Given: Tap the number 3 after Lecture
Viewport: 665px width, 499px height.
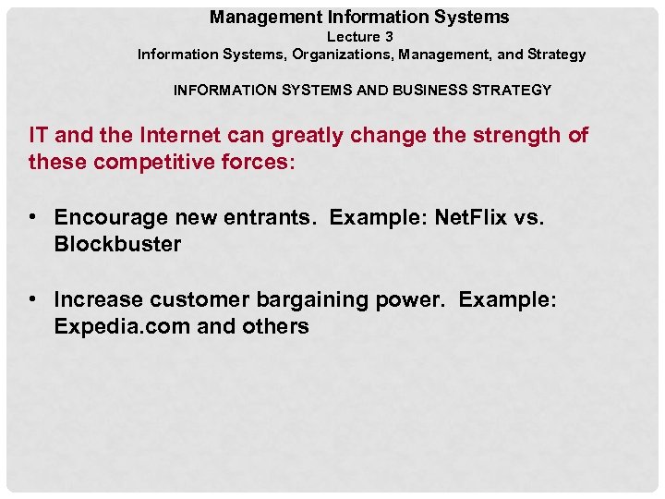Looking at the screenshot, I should (x=389, y=37).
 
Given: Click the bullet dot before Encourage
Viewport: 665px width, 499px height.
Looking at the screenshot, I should (x=32, y=217).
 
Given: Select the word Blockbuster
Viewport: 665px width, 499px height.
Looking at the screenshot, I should (x=117, y=245).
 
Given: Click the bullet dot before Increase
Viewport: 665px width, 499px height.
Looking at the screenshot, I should (x=32, y=299).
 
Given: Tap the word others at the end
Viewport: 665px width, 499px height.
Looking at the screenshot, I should (x=275, y=326).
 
